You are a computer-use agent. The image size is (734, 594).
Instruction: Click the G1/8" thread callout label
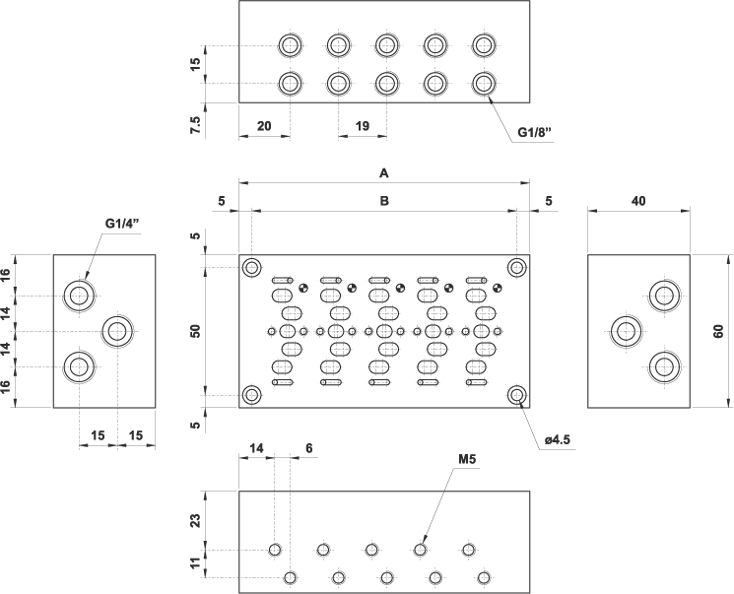coord(534,134)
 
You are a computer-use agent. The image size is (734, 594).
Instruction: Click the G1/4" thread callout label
coord(123,224)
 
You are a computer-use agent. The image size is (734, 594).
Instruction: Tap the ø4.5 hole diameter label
coord(558,439)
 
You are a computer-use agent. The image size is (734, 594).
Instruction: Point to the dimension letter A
coord(384,172)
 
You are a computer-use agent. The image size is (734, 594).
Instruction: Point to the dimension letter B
coord(384,200)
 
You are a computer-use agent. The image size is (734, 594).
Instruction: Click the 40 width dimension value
coord(638,200)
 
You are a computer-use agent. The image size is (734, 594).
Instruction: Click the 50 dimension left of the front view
coord(195,331)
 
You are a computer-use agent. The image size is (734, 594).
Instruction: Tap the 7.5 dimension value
coord(195,125)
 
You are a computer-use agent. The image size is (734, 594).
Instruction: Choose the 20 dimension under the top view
coord(264,127)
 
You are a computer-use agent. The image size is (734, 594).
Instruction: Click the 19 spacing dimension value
coord(362,127)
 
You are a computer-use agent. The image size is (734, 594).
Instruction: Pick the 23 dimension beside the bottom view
coord(195,520)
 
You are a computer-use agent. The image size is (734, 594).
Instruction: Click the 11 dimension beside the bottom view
coord(195,563)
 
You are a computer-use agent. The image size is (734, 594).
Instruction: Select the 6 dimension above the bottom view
coord(309,447)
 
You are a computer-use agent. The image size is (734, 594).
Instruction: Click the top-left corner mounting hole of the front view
coord(252,267)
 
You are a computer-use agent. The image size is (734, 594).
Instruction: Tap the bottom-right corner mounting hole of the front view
coord(516,395)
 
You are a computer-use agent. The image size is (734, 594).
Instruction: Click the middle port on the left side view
coord(118,330)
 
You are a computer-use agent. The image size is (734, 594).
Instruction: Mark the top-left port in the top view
coord(290,45)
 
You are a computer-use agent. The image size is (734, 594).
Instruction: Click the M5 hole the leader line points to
coord(420,550)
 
